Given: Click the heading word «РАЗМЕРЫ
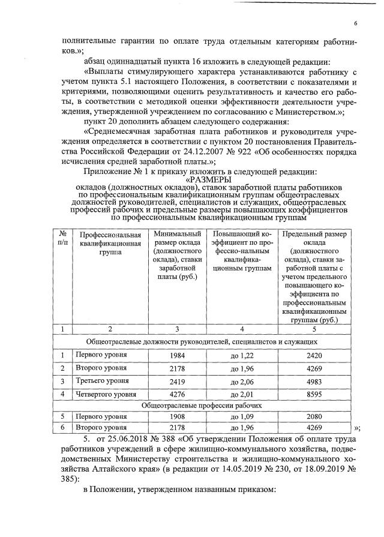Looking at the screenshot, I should pos(207,179).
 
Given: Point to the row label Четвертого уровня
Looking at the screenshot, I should pos(105,394).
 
